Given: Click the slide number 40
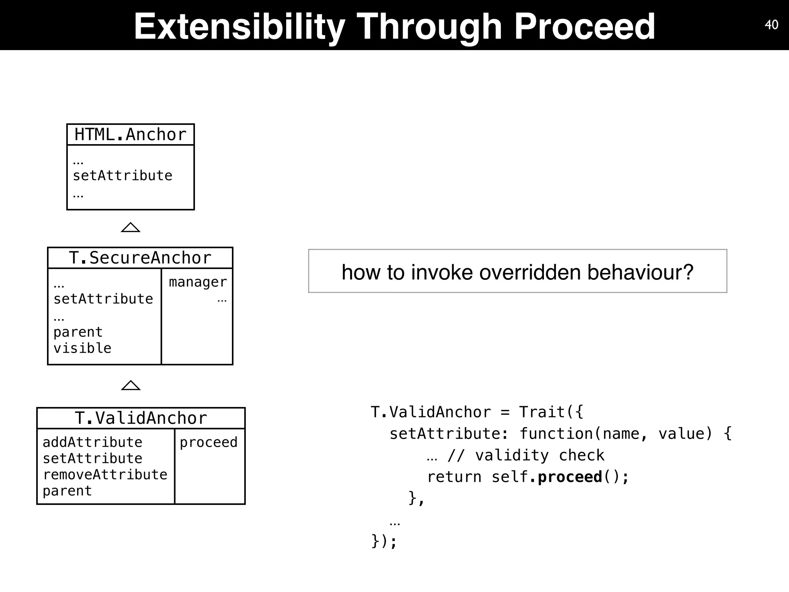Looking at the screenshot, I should (771, 25).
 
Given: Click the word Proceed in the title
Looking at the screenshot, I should (584, 26).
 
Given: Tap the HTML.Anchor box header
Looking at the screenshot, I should (130, 135).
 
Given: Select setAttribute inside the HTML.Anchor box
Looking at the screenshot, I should (123, 176).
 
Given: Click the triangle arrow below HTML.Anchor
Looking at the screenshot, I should (131, 227).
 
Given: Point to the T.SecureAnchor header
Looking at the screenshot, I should (140, 258).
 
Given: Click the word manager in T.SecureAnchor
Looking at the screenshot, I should (198, 282).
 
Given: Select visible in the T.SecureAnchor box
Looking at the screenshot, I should (82, 348).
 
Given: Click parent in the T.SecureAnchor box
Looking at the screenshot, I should (78, 332).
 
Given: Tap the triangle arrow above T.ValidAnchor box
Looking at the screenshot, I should (131, 385).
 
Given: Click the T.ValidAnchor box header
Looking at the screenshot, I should (141, 418).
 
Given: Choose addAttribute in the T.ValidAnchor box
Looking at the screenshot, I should (92, 442).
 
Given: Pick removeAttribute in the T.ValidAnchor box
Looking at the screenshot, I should (105, 474).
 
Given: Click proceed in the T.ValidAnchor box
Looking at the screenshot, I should (208, 442).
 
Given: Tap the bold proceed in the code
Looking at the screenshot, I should (570, 477).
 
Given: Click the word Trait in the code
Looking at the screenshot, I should (542, 412).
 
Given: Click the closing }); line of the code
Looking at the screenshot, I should (384, 541).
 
